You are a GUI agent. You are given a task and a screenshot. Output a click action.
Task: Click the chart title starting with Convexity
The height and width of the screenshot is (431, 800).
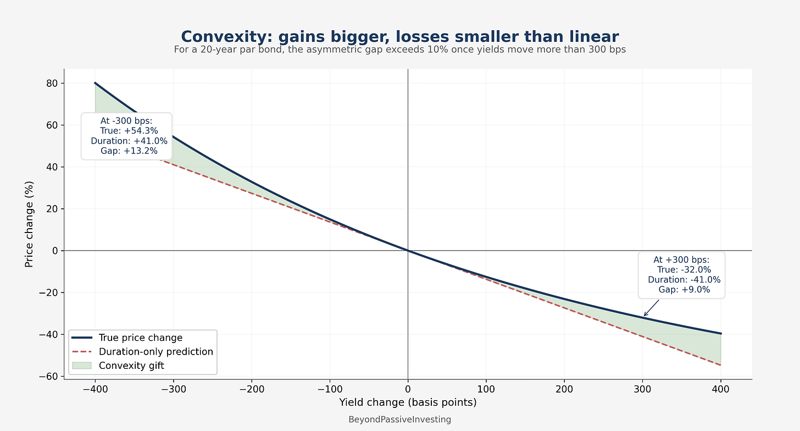coord(399,36)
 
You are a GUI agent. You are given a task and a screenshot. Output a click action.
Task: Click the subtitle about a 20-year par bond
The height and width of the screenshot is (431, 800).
coord(399,49)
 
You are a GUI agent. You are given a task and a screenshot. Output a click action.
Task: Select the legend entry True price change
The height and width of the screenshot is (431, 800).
coord(140,338)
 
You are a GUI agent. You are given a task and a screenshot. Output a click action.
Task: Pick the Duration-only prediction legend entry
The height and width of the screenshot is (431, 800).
coord(155,352)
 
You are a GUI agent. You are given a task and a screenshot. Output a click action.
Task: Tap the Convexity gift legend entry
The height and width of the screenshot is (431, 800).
coord(131,366)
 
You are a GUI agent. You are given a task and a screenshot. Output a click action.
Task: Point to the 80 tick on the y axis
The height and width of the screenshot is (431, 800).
coord(52,83)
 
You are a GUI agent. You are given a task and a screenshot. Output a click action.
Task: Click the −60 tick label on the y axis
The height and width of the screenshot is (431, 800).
coord(48,377)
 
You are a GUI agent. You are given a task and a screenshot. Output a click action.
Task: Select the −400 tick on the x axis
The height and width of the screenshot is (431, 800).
coord(96,389)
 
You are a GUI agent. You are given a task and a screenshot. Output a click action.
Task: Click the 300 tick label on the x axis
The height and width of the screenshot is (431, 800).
coord(642,389)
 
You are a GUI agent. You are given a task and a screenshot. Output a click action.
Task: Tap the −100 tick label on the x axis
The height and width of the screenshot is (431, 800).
coord(330,389)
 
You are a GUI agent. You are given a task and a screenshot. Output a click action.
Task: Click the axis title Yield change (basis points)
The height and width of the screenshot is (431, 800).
coord(408,402)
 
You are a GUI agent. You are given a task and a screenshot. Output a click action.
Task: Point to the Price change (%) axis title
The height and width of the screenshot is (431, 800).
coord(29,224)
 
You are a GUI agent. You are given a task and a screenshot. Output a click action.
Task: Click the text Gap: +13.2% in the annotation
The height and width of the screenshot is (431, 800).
coord(129,151)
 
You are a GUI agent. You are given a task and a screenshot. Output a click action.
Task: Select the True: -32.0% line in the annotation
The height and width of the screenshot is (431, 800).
coord(684,270)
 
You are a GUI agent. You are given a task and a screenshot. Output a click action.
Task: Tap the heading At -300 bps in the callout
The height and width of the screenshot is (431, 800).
coord(126,121)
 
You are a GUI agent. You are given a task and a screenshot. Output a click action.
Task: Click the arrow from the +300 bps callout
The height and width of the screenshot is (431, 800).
coord(652,308)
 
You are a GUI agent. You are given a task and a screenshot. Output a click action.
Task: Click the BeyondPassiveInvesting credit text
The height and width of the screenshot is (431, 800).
coord(399,419)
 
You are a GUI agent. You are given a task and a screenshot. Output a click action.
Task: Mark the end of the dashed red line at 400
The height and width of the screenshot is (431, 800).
coord(721,365)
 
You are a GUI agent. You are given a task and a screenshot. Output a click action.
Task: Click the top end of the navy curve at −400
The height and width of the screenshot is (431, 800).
coord(95,83)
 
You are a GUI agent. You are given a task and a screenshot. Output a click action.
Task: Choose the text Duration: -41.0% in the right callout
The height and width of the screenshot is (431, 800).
coord(684,280)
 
